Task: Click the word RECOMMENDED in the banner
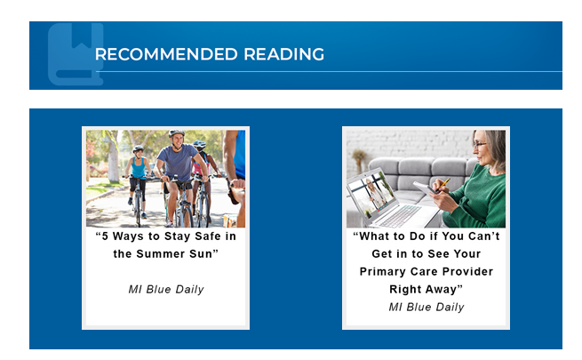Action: pyautogui.click(x=166, y=54)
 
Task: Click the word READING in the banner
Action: pyautogui.click(x=284, y=54)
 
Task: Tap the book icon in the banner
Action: pyautogui.click(x=76, y=54)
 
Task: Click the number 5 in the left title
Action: pyautogui.click(x=105, y=236)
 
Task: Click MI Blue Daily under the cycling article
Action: pyautogui.click(x=166, y=290)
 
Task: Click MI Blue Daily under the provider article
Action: pyautogui.click(x=427, y=308)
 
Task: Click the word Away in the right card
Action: pyautogui.click(x=441, y=290)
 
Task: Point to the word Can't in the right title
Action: pyautogui.click(x=484, y=236)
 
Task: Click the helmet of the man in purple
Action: pyautogui.click(x=176, y=133)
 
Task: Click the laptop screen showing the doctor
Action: pyautogui.click(x=371, y=196)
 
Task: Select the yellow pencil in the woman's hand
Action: pyautogui.click(x=444, y=185)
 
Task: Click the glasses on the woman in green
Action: pyautogui.click(x=479, y=145)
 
